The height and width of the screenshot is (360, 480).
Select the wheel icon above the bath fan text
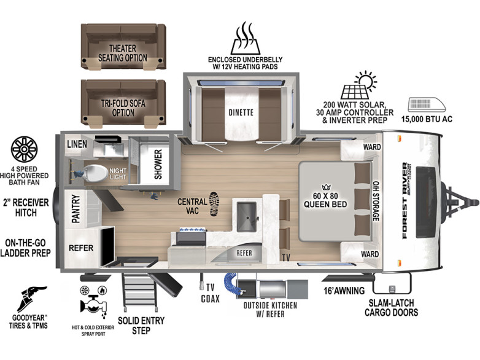tap(24, 149)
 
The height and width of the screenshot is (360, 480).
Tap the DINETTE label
tap(241, 112)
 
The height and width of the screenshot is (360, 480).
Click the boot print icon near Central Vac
tap(214, 204)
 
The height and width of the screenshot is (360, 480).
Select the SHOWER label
tap(158, 164)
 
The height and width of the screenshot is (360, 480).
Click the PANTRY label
tap(75, 209)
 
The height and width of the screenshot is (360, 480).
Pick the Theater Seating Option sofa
tap(123, 47)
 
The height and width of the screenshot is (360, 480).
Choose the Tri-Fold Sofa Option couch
tap(123, 103)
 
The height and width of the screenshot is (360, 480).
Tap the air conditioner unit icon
tap(427, 105)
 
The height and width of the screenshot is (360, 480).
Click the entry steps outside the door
tap(139, 291)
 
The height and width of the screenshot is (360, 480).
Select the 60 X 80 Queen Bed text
tap(325, 200)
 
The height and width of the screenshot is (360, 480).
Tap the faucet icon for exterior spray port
tap(93, 304)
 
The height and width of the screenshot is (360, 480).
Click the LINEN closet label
tap(77, 144)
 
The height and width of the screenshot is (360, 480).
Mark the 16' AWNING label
tap(344, 291)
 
